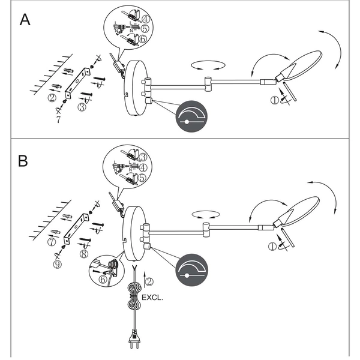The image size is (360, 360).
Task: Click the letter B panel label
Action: (23, 161)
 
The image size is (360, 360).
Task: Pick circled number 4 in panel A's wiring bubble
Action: (146, 18)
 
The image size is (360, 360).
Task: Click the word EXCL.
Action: (152, 296)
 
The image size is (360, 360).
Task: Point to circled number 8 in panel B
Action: (83, 253)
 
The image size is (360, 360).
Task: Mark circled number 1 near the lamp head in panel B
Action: (274, 245)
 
